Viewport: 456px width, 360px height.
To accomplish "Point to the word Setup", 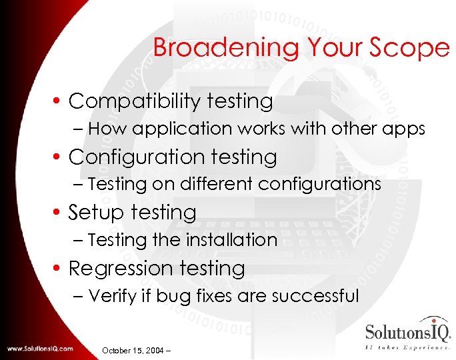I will tap(99, 213).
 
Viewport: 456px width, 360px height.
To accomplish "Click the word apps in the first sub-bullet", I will tap(403, 129).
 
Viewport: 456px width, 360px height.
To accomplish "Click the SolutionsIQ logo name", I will tap(407, 332).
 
